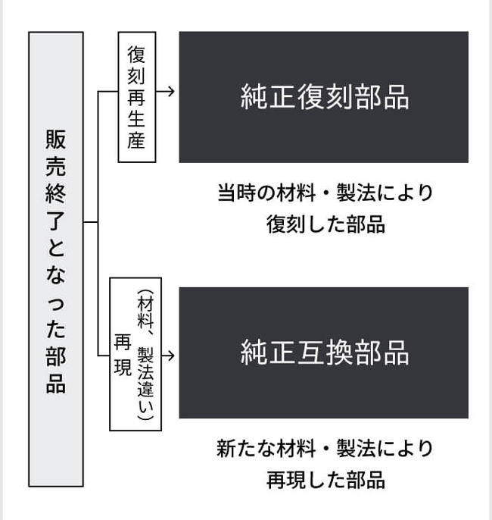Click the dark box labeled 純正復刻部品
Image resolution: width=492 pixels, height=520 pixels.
[x=323, y=97]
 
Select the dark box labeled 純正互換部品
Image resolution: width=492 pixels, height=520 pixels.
[x=323, y=352]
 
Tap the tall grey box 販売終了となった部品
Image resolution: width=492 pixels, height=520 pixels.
[x=56, y=258]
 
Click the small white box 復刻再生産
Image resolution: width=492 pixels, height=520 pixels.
[x=137, y=97]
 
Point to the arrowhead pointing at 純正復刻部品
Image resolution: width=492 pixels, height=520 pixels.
[x=170, y=91]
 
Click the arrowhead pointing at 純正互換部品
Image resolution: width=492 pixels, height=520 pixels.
[x=171, y=354]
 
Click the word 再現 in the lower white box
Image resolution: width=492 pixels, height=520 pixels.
[x=123, y=353]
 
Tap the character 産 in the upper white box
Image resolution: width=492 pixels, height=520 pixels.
[x=137, y=141]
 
